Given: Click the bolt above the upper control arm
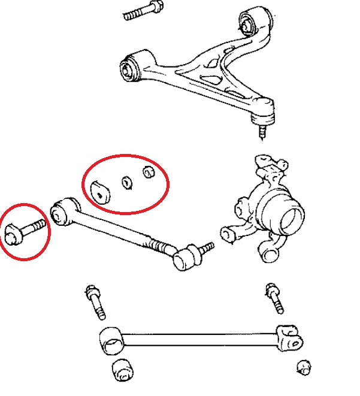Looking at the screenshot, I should (143, 12).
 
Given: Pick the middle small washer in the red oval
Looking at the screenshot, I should (126, 182).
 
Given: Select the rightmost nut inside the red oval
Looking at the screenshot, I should (149, 173).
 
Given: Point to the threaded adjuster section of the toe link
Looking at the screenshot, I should (160, 246).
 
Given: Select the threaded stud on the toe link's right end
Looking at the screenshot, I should (206, 247).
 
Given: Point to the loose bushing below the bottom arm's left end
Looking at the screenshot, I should (122, 370).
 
